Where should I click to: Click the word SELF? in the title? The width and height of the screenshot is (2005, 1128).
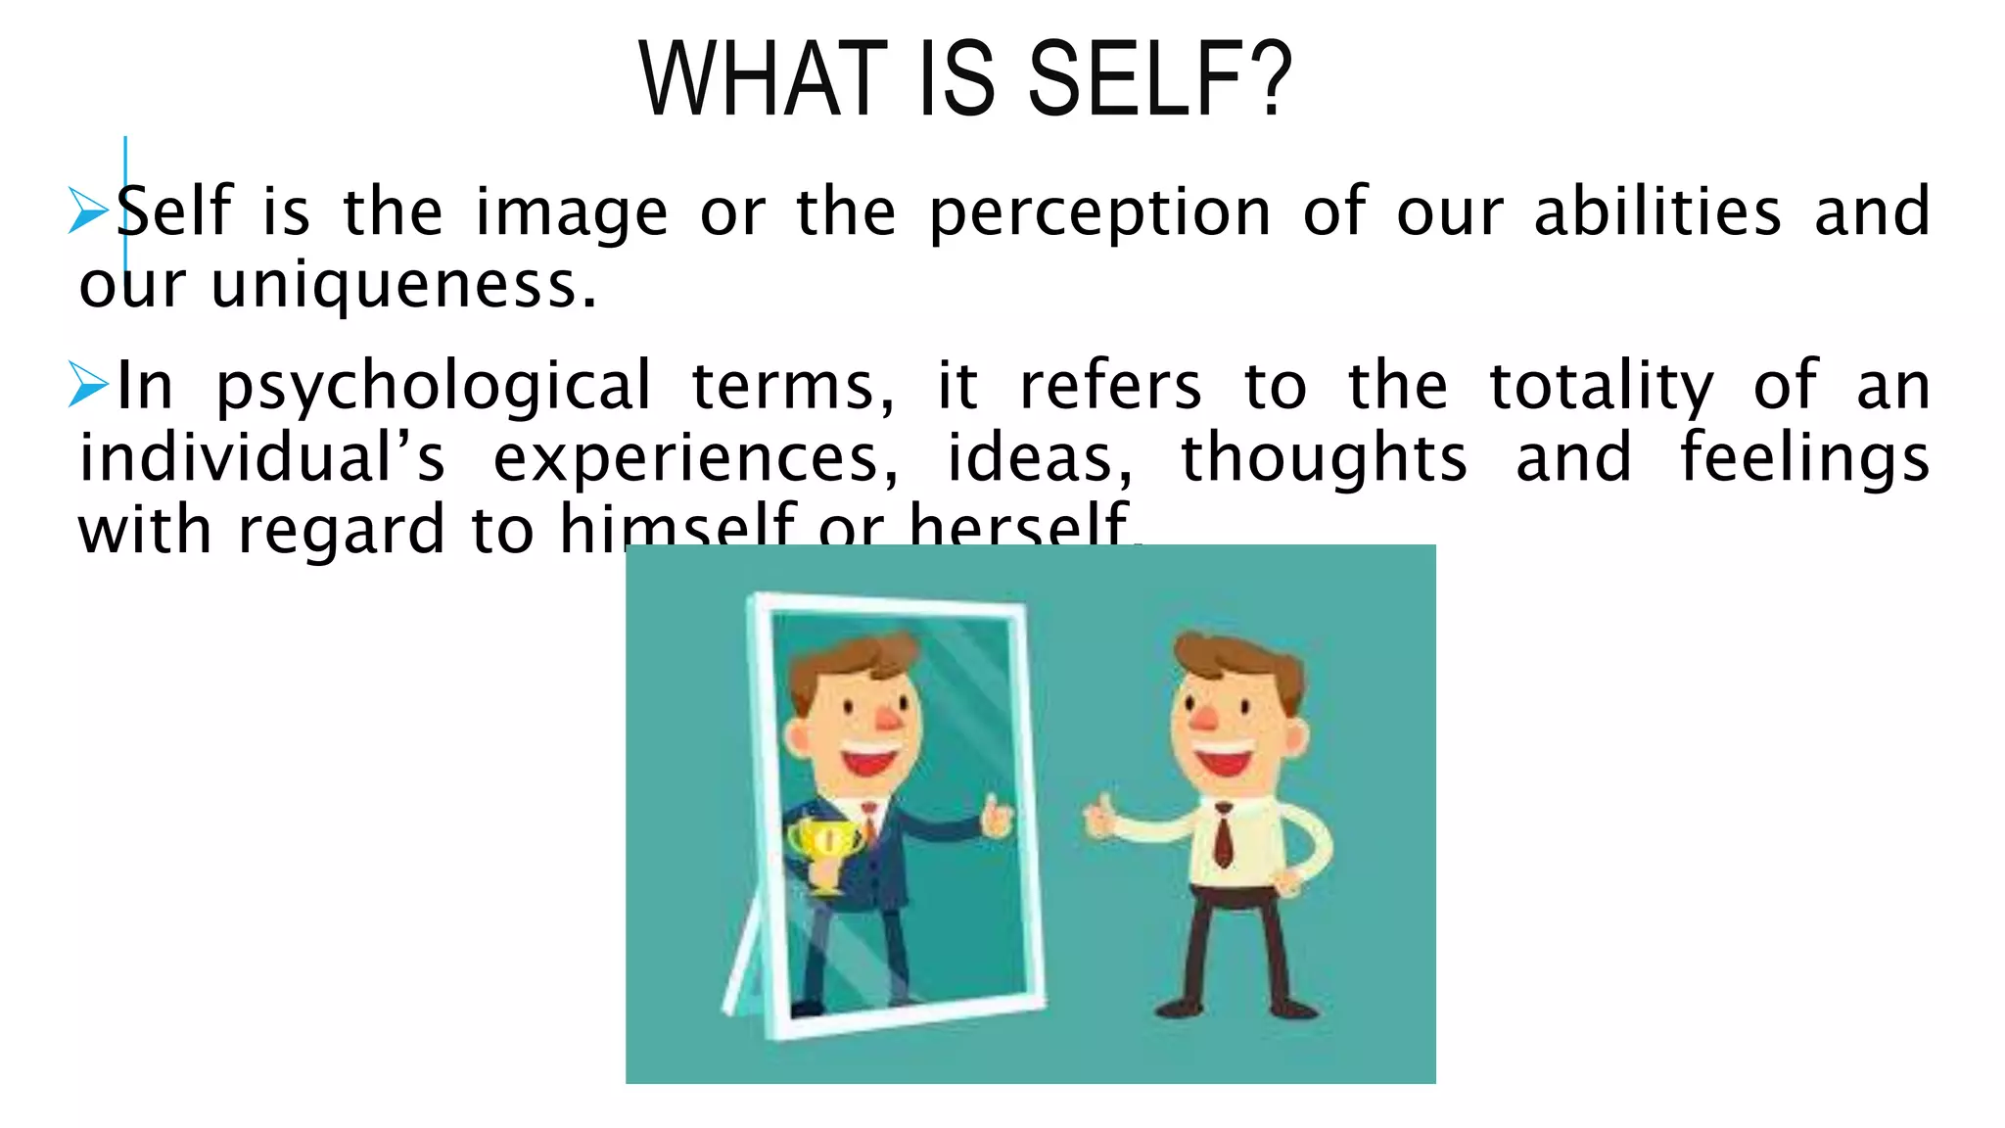[x=1160, y=79]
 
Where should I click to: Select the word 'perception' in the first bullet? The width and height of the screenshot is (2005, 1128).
[x=1099, y=213]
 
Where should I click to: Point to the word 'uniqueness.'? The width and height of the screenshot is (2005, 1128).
[x=403, y=286]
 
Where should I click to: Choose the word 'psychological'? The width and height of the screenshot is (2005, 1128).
[x=433, y=388]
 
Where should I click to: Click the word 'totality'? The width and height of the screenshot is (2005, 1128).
[x=1601, y=388]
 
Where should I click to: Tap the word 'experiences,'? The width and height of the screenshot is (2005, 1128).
[x=695, y=459]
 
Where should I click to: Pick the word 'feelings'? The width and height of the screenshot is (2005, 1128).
[x=1804, y=460]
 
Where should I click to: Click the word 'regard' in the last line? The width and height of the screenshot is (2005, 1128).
[x=341, y=532]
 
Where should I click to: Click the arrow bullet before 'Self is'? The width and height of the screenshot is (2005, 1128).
[x=89, y=211]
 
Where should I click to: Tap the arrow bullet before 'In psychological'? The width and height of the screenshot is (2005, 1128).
[x=89, y=384]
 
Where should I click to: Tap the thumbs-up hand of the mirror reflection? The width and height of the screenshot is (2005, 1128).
[x=997, y=816]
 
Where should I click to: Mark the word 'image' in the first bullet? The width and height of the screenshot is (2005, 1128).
[x=571, y=213]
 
